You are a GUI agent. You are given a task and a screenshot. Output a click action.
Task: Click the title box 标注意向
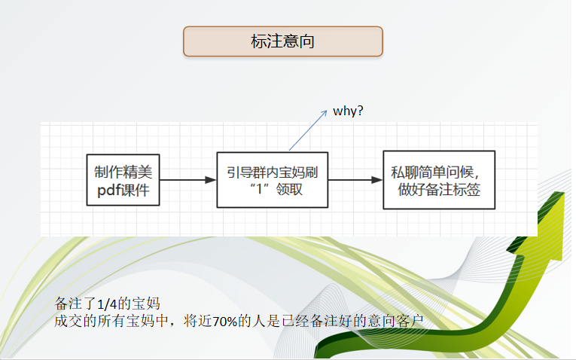click(283, 41)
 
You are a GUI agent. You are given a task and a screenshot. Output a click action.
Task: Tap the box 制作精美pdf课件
click(123, 180)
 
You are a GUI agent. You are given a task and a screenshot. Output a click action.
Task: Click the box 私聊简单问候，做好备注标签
click(439, 180)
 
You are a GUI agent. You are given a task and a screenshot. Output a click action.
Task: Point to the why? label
click(349, 111)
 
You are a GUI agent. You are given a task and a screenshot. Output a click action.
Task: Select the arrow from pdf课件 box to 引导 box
click(188, 180)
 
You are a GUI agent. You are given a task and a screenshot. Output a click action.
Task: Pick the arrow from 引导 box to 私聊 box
click(355, 180)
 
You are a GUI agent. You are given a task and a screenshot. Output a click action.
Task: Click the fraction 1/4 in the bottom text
click(109, 304)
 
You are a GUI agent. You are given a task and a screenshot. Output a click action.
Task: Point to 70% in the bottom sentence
click(225, 322)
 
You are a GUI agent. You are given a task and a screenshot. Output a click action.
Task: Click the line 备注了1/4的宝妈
click(108, 304)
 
